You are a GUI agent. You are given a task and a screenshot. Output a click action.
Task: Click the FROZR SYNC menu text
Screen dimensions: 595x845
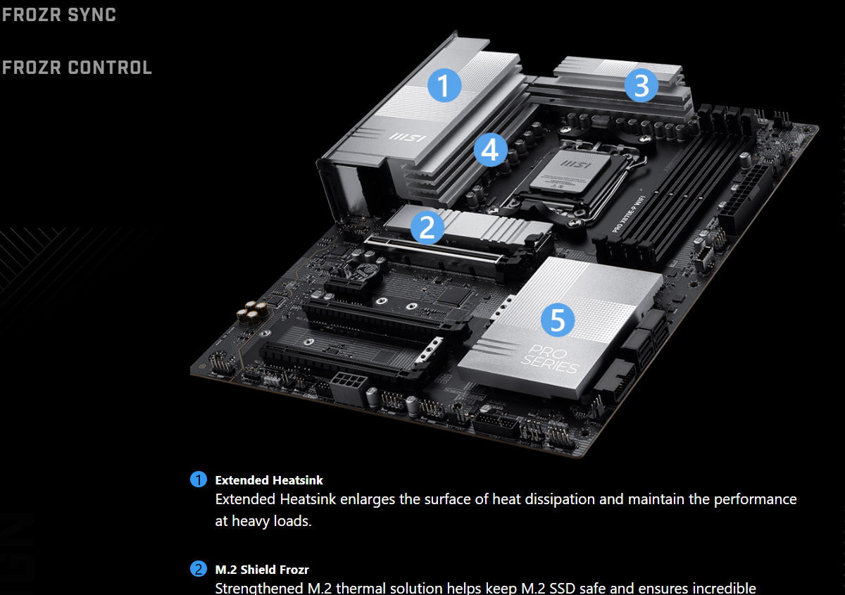(58, 15)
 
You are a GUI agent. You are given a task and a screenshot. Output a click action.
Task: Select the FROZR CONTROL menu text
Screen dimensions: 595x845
(77, 68)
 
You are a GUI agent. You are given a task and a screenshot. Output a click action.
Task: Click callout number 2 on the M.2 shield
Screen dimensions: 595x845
(427, 227)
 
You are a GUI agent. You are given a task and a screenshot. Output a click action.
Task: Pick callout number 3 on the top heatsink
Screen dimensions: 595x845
(641, 86)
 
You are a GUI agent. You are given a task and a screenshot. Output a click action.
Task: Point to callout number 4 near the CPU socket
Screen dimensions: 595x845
(490, 150)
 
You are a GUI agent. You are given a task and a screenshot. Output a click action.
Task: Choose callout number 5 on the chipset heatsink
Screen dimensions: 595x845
(558, 320)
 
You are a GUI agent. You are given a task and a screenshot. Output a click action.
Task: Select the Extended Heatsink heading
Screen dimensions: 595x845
(269, 480)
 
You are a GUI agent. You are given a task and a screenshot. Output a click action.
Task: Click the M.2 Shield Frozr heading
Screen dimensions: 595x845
(262, 570)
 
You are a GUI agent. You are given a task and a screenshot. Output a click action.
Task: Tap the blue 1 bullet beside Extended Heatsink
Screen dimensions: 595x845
(199, 480)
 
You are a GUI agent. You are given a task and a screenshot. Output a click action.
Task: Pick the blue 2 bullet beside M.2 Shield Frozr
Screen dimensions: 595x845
(199, 570)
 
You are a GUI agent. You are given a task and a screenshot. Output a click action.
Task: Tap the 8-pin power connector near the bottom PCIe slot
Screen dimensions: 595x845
(346, 387)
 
